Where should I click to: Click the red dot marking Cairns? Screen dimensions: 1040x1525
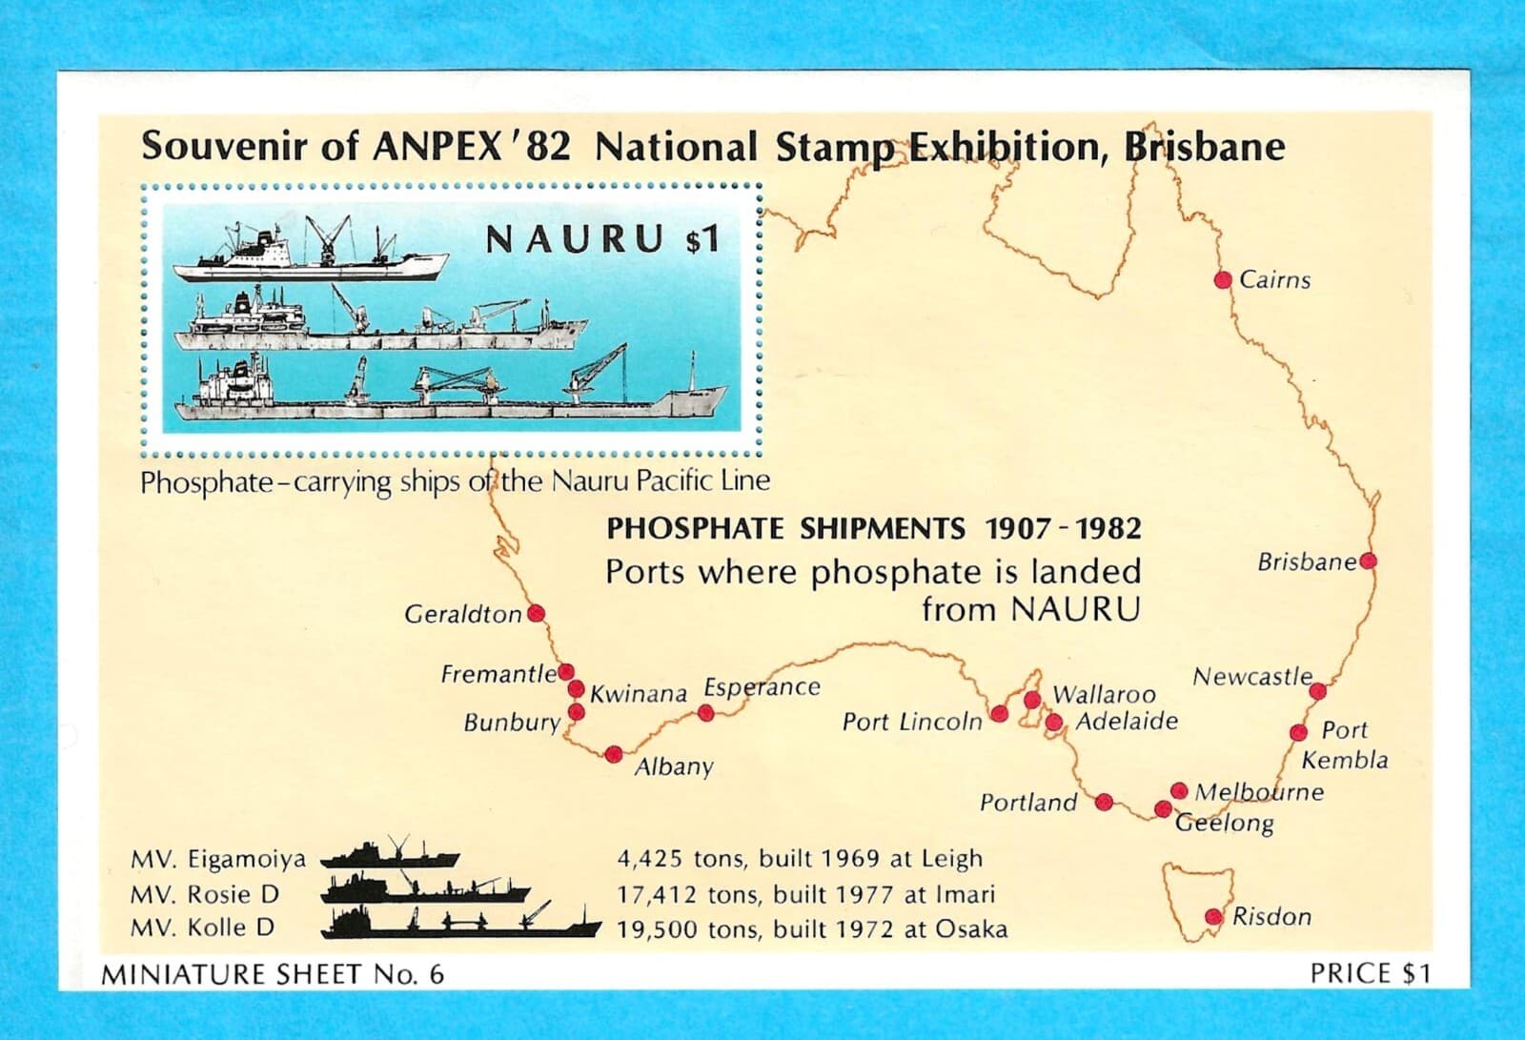[x=1223, y=279]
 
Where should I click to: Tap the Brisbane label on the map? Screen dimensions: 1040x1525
[x=1306, y=562]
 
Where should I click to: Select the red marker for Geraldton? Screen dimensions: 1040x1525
[x=536, y=614]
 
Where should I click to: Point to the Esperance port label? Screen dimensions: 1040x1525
[x=762, y=687]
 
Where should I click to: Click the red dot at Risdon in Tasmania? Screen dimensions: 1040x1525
[x=1213, y=917]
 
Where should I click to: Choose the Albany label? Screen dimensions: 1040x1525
[x=674, y=767]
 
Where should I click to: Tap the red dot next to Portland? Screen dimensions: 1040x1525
[x=1105, y=802]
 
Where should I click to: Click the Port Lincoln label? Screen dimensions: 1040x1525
[x=911, y=722]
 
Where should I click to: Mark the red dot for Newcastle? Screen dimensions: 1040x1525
[x=1318, y=691]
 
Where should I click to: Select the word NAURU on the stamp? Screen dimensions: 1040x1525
[x=575, y=240]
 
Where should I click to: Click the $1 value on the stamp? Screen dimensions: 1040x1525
[x=701, y=241]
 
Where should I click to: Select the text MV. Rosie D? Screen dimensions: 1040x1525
[x=205, y=894]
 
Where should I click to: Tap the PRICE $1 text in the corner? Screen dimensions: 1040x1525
[x=1370, y=973]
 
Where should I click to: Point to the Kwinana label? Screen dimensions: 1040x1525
[x=639, y=694]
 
